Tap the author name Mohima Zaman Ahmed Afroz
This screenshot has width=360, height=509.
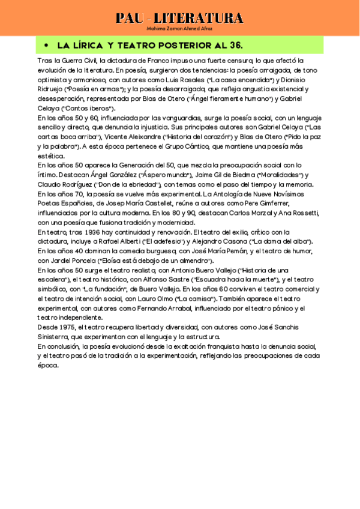click(179, 28)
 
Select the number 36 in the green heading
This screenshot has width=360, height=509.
click(233, 46)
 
